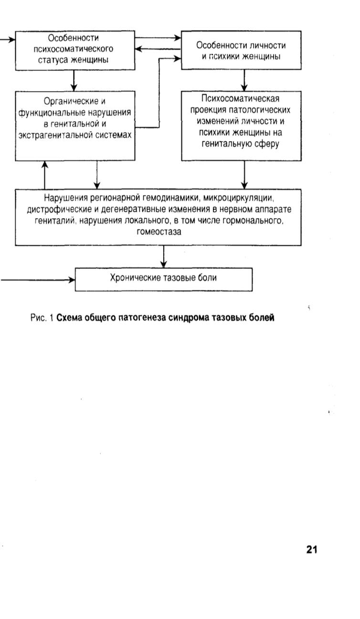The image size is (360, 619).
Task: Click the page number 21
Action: click(x=312, y=549)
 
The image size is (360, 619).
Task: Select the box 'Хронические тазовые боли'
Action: click(x=164, y=279)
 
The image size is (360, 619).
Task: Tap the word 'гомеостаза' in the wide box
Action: click(x=159, y=231)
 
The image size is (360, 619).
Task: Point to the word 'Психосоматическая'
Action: click(x=240, y=98)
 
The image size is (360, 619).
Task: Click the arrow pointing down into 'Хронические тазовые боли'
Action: click(x=164, y=257)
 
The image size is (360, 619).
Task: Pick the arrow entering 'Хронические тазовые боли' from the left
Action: click(x=38, y=280)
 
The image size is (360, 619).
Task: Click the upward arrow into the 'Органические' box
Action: click(x=44, y=175)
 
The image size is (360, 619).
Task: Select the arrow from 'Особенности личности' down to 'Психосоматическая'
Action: click(x=244, y=80)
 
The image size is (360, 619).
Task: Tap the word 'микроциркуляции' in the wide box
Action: click(x=238, y=198)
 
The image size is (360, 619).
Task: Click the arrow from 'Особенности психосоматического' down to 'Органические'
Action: click(x=74, y=80)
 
